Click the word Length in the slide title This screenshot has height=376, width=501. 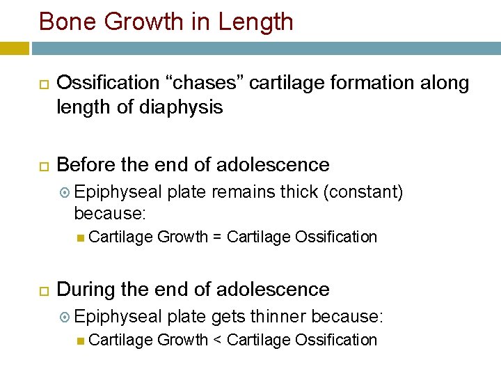255,22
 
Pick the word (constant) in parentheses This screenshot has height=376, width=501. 363,191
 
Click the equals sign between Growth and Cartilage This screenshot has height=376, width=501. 217,237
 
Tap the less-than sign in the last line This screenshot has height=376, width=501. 217,340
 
